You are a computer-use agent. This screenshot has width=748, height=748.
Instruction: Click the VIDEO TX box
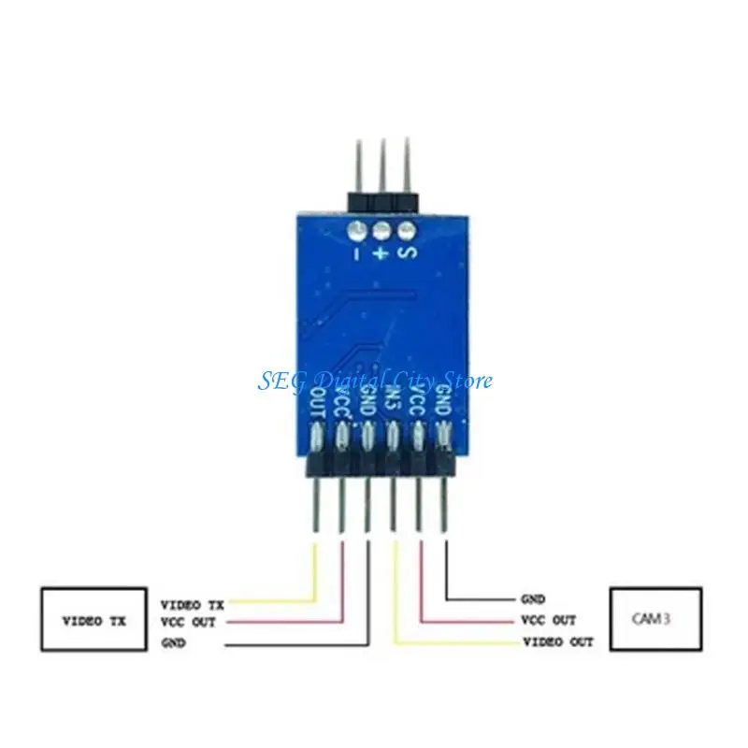click(94, 620)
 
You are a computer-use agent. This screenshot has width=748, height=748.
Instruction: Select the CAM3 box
click(655, 618)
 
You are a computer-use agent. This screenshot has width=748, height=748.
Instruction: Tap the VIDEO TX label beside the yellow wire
click(194, 604)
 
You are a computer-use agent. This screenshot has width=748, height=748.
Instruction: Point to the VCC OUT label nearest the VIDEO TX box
click(189, 623)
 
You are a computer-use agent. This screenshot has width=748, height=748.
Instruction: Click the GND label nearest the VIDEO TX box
click(174, 643)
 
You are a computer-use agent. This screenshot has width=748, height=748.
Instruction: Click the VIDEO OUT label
click(557, 642)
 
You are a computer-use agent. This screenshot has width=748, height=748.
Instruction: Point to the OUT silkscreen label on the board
click(317, 404)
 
